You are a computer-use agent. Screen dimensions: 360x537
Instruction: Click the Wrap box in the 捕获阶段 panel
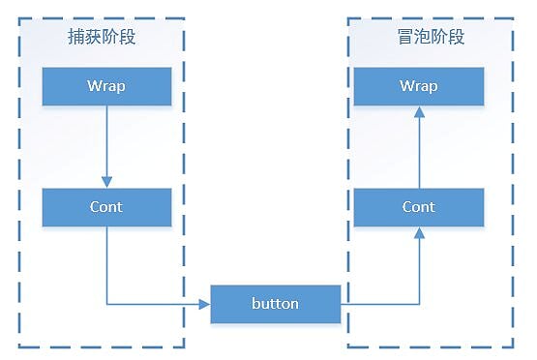(107, 86)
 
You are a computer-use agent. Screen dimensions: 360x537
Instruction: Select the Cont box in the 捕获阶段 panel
(107, 207)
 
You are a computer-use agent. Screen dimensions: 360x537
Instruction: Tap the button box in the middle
(276, 304)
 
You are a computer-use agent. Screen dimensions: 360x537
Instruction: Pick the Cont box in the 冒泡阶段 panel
(419, 207)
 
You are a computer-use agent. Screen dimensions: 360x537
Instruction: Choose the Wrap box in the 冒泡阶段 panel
(419, 86)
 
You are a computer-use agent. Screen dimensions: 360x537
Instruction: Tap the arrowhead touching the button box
(205, 304)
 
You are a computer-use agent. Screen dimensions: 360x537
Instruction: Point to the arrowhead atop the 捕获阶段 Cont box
(107, 182)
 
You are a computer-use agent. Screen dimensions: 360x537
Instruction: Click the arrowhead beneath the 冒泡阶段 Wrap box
(419, 112)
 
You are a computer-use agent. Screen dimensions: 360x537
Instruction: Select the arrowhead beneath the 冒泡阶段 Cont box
(419, 232)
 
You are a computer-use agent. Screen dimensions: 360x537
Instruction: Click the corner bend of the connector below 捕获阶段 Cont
(107, 304)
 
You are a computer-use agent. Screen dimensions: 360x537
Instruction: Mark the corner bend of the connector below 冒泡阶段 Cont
(419, 304)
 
